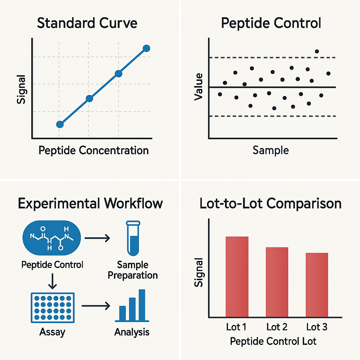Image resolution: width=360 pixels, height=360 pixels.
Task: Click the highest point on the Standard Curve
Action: tap(146, 48)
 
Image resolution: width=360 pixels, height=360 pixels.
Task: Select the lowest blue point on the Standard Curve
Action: tap(60, 124)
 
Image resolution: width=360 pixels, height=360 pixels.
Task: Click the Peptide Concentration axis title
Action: tap(94, 150)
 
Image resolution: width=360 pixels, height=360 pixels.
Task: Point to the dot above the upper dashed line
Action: tap(317, 51)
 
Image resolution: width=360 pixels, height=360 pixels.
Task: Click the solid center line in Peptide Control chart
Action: tap(273, 87)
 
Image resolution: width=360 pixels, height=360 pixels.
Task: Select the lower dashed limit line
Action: tap(273, 116)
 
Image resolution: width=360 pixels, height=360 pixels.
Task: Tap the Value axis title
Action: tap(199, 87)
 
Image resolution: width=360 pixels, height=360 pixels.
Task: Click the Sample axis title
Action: tap(271, 150)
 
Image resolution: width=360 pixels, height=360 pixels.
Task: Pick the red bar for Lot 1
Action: tap(237, 277)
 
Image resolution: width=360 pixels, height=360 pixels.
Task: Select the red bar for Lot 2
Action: tap(277, 282)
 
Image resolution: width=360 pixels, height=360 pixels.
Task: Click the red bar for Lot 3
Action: tap(317, 285)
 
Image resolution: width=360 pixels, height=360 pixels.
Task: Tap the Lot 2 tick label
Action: tap(277, 327)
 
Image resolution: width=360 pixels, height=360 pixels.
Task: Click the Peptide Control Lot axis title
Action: tap(273, 341)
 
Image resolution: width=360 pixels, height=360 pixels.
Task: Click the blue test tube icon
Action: tap(133, 238)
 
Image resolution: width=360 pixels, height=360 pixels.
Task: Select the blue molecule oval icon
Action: tap(52, 238)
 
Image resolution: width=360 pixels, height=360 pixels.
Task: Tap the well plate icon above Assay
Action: tap(53, 308)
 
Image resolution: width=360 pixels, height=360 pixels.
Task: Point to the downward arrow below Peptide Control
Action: tap(53, 281)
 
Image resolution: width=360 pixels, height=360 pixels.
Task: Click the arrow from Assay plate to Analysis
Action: tap(96, 306)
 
